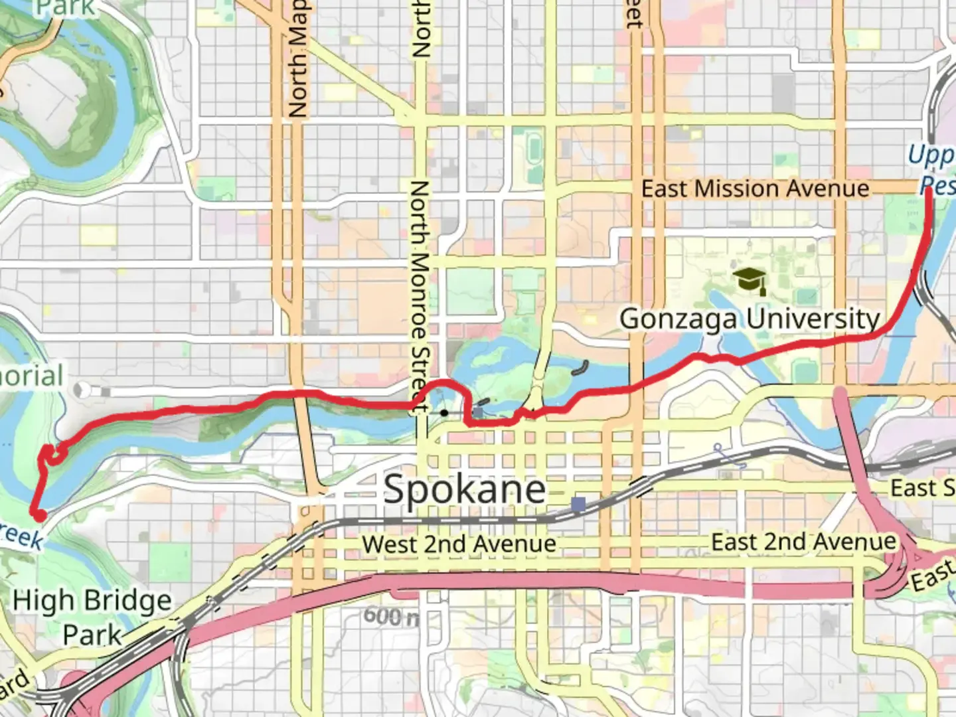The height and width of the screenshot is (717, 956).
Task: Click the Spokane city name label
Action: point(465,490)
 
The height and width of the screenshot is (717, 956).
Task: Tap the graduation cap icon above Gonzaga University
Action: point(750,281)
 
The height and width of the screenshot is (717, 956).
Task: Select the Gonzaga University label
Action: point(750,319)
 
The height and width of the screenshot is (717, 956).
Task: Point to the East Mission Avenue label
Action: point(755,189)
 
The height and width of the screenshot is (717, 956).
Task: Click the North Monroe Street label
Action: point(419,295)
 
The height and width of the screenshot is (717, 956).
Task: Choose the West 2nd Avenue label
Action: point(459,544)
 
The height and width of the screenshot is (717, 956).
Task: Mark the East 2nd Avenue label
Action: point(803,542)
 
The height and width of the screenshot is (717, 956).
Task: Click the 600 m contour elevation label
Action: point(391,616)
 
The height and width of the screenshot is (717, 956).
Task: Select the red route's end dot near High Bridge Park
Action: point(39,515)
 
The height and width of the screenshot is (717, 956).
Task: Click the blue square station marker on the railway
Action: point(578,505)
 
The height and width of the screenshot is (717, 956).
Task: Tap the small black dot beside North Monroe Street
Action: point(443,413)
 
